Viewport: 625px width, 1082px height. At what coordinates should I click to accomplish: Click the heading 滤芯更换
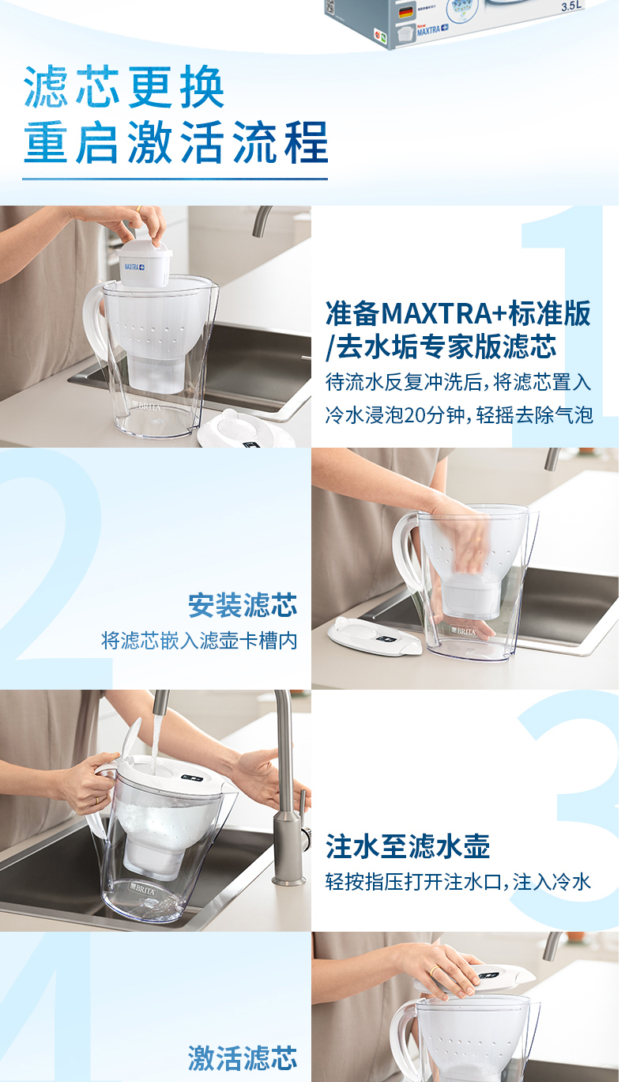coord(124,87)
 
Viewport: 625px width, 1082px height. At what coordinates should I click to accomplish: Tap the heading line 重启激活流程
coord(175,142)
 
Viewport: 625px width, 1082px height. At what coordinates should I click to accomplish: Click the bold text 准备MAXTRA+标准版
coord(458,313)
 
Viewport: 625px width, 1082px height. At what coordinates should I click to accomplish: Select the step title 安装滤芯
coord(243,605)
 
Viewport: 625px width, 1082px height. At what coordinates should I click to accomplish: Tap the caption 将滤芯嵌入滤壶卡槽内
coord(199,641)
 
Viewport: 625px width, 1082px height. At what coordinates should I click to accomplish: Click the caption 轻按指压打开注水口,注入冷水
coord(458,882)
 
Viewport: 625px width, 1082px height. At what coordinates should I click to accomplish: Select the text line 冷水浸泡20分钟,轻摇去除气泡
coord(459,415)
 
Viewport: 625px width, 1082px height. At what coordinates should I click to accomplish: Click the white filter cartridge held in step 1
coord(144,263)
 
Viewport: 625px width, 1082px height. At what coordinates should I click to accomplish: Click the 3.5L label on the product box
coord(572,7)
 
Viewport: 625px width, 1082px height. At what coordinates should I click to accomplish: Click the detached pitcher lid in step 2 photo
coord(375,636)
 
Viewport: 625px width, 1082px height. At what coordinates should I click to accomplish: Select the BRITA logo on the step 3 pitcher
coord(143,888)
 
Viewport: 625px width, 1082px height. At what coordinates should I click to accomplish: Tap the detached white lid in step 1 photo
coord(247,431)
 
